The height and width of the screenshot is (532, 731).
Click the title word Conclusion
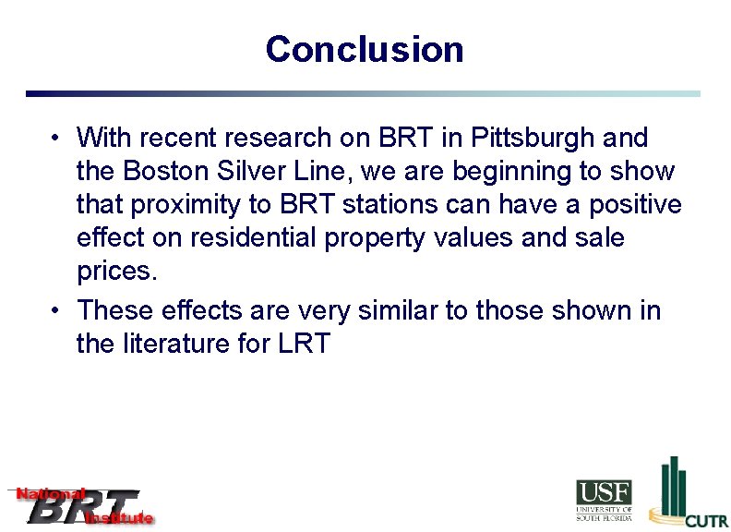tap(365, 49)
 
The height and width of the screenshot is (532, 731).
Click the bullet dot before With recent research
tap(57, 139)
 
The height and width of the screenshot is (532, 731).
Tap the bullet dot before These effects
tap(57, 310)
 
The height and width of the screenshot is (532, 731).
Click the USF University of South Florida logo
tap(605, 500)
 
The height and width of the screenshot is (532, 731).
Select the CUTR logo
tap(688, 494)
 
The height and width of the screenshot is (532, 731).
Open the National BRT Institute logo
tap(81, 506)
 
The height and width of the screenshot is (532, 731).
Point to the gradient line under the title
tap(363, 93)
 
